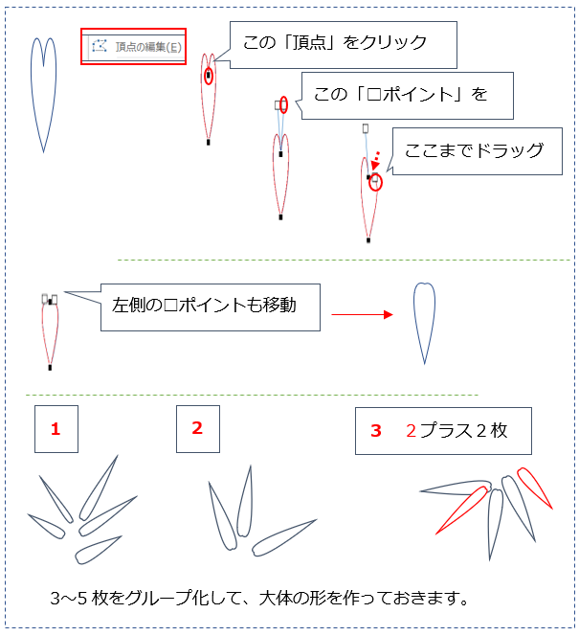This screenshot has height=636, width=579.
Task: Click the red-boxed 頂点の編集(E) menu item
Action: pos(133,46)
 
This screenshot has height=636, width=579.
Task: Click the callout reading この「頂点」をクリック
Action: pos(344,45)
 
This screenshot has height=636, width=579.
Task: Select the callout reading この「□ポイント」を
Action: pos(407,96)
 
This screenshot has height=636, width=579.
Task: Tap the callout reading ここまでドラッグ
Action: pos(477,151)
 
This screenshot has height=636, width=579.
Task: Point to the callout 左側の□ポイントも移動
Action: pos(210,307)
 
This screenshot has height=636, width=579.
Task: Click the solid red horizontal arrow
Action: pos(362,314)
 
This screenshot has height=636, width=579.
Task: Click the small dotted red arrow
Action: pos(376,161)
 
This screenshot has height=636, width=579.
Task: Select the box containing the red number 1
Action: pos(56,429)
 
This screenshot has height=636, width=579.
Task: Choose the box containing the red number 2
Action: pos(198,429)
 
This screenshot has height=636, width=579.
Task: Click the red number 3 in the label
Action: pos(376,431)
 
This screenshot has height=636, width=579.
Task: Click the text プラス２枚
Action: pos(463,430)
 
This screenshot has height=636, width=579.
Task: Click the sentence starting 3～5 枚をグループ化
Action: pos(259,598)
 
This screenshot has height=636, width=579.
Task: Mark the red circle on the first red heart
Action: pos(209,77)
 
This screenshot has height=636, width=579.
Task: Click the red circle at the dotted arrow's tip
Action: pos(375,183)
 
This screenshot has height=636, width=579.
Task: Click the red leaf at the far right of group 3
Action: pos(534,488)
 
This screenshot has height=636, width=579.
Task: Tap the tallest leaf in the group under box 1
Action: pos(99,488)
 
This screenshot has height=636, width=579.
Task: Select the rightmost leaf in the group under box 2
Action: pos(283,537)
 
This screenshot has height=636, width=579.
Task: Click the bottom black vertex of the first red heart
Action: pos(209,142)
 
